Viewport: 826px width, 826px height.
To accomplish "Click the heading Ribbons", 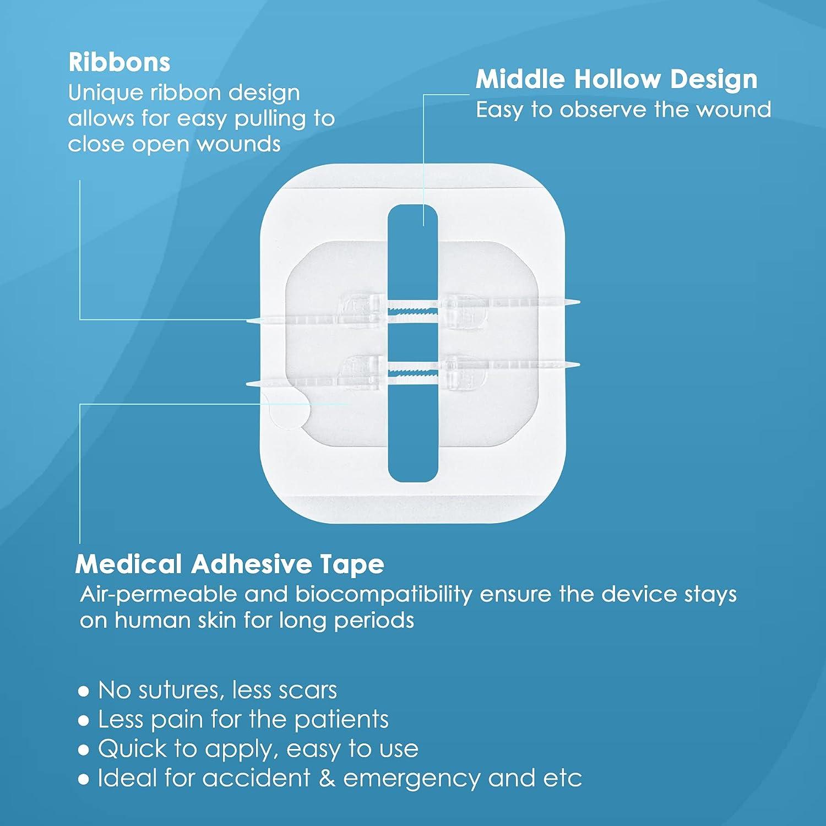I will tap(119, 62).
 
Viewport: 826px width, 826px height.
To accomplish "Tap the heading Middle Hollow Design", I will tap(616, 79).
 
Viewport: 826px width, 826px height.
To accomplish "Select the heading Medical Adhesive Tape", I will tap(230, 564).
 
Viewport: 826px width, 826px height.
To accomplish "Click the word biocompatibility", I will tap(384, 594).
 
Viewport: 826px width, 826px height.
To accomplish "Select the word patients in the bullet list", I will tap(341, 720).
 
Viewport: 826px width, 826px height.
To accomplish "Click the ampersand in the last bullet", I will tap(327, 779).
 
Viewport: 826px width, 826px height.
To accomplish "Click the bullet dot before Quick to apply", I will tap(84, 750).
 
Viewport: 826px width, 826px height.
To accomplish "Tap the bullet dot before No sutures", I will tap(84, 691).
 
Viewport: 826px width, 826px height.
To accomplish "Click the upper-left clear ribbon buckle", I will tap(359, 311).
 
